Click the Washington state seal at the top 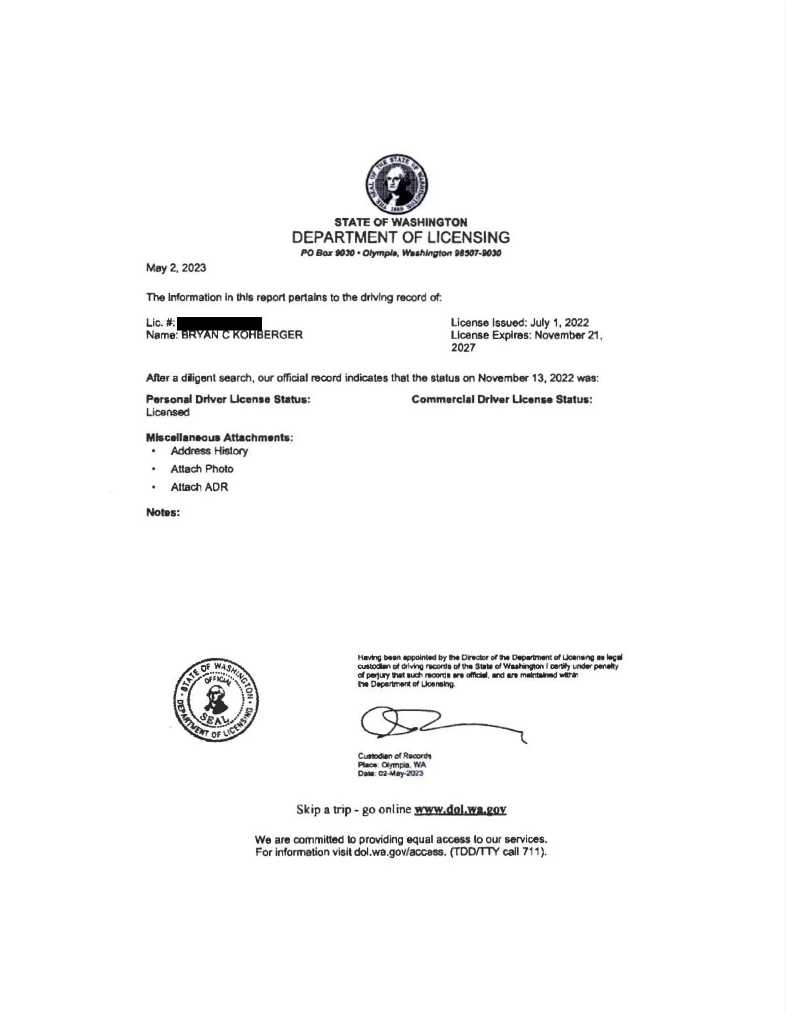coord(397,184)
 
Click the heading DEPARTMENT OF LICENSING coord(401,237)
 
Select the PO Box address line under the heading coord(401,253)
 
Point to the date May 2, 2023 coord(176,268)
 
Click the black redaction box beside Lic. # coord(220,323)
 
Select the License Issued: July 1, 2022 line coord(519,323)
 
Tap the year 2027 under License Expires coord(463,348)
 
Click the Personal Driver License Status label coord(228,399)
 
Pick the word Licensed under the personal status coord(168,412)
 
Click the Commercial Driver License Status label coord(502,399)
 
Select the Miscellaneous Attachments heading coord(220,437)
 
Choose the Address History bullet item coord(209,451)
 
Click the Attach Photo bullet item coord(202,469)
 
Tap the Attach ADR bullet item coord(199,487)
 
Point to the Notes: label coord(163,513)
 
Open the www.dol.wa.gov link coord(460,809)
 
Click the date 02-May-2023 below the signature coord(401,773)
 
